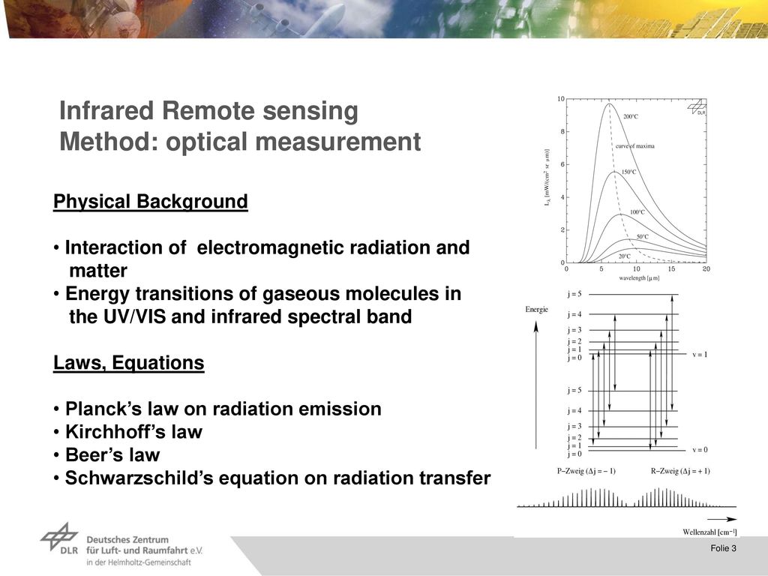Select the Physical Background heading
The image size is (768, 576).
click(150, 202)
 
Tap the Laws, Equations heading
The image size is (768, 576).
click(128, 363)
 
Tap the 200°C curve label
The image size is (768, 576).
click(630, 116)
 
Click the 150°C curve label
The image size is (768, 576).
click(629, 172)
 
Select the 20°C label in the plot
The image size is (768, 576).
click(624, 256)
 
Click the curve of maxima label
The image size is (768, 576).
click(634, 146)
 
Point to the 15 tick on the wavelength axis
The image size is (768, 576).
click(671, 269)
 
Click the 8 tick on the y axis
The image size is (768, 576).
click(562, 131)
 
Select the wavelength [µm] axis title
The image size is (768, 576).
click(639, 278)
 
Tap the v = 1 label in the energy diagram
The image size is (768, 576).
click(700, 354)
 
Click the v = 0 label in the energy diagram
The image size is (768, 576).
click(700, 450)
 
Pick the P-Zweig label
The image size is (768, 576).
click(586, 471)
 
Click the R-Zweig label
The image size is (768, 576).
click(679, 471)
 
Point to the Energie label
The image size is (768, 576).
click(536, 310)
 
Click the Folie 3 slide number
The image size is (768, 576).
click(724, 548)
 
